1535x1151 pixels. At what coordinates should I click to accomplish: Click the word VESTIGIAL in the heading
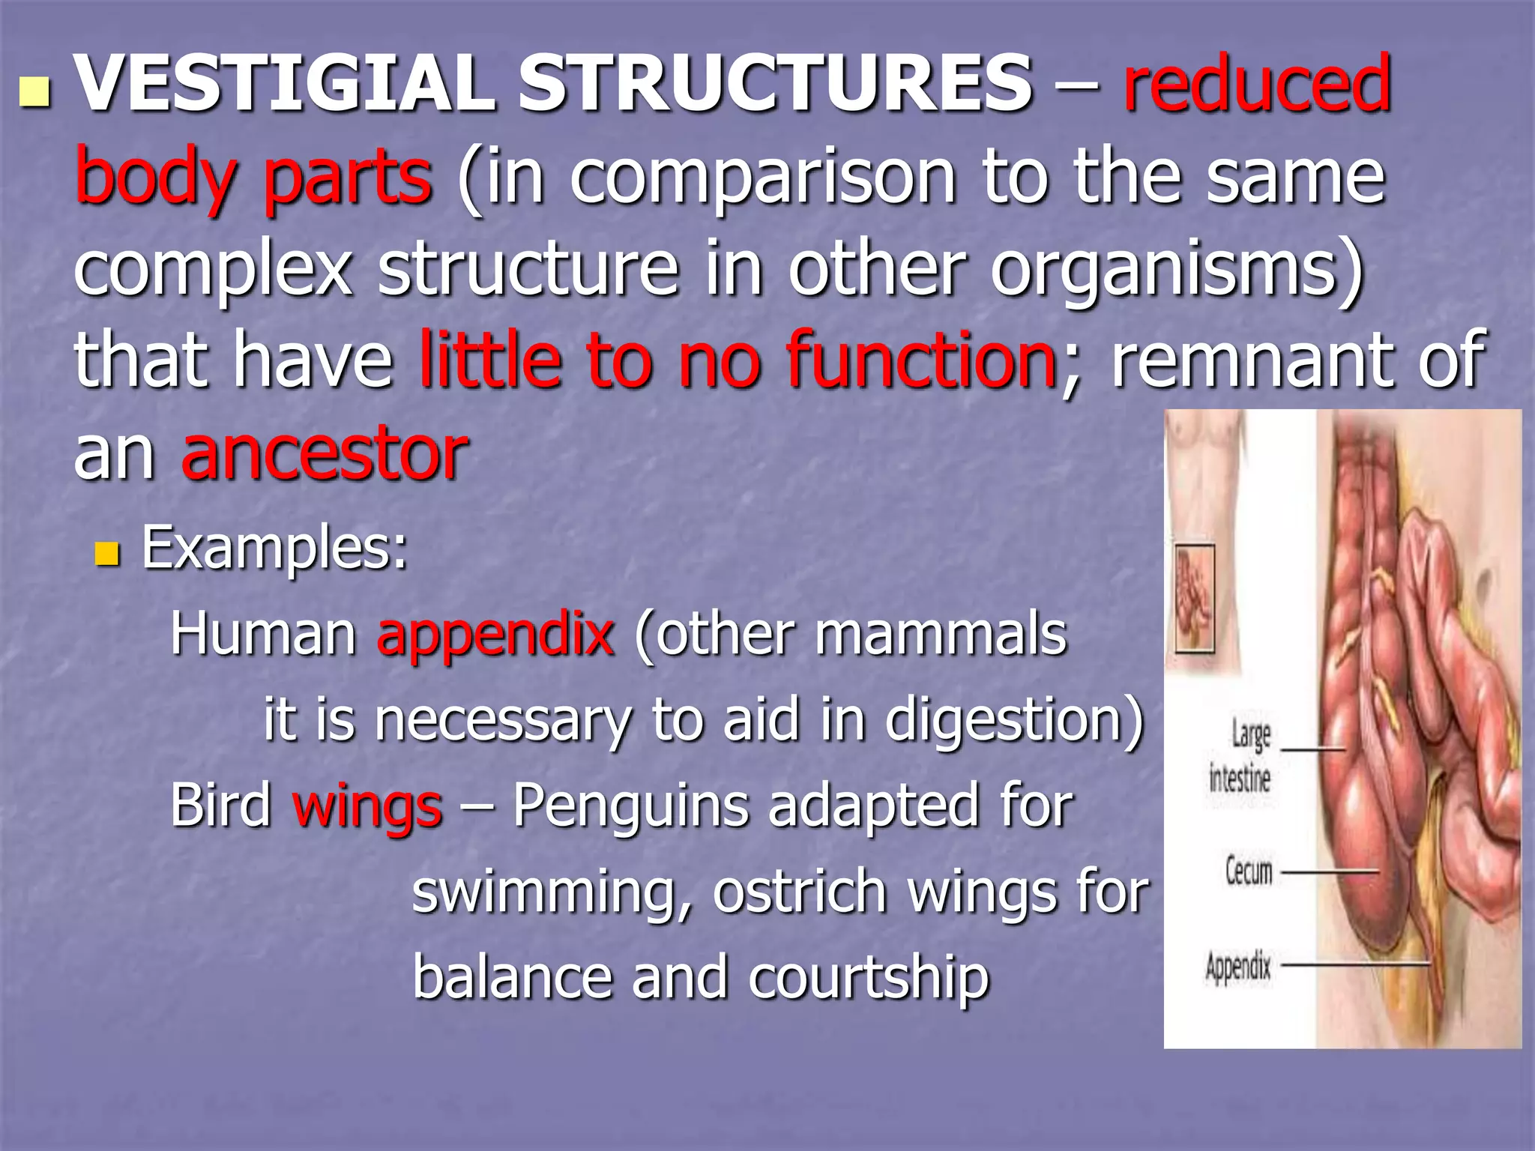coord(285,84)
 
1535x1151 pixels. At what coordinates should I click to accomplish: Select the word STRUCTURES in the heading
coord(776,84)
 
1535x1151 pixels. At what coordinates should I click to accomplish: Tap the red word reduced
coord(1257,84)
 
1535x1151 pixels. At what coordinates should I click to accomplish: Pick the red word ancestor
coord(324,454)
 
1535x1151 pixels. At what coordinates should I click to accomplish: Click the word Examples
coord(274,549)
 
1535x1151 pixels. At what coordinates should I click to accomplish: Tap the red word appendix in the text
coord(495,635)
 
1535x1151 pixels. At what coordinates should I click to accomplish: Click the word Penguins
coord(631,806)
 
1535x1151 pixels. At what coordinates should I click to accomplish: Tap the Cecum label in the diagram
coord(1249,871)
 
